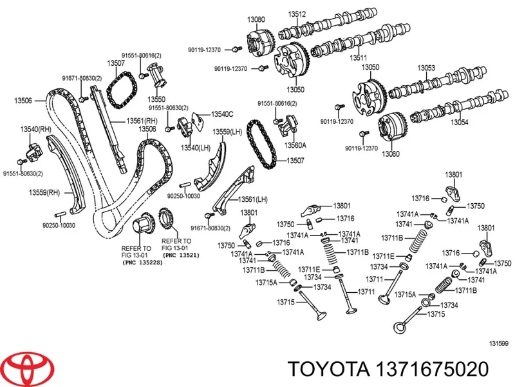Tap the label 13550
(x=156, y=99)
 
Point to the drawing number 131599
(x=498, y=342)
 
